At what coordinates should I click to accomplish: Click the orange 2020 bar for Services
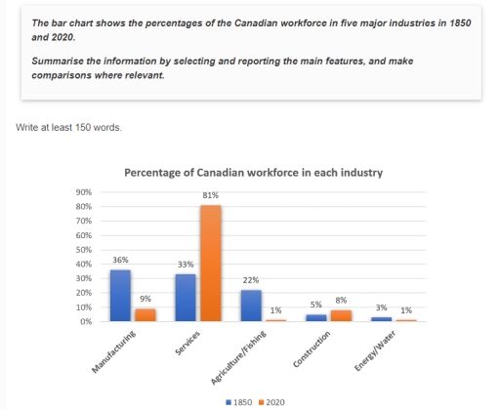click(210, 263)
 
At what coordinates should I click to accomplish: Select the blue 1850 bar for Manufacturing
click(119, 295)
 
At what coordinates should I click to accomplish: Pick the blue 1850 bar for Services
click(186, 297)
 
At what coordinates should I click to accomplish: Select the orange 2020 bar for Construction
click(342, 315)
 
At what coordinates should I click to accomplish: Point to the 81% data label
click(210, 196)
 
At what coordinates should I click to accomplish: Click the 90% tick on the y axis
click(83, 192)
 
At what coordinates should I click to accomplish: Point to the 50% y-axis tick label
click(83, 250)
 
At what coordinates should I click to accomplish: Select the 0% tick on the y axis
click(86, 321)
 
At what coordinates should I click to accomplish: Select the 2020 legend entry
click(272, 400)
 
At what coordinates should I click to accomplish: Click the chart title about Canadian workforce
click(253, 173)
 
